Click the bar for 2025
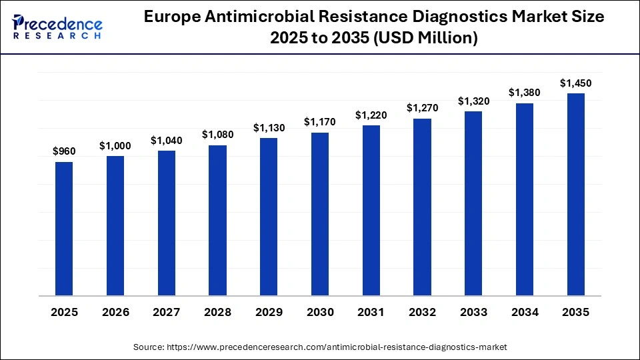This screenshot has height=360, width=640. point(64,229)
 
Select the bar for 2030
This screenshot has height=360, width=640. point(320,214)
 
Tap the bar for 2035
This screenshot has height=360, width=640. point(575,194)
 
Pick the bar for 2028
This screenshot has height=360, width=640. point(217,220)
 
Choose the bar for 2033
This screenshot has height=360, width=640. point(473,203)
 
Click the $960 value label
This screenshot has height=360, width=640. point(64,151)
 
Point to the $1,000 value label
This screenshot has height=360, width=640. point(115,145)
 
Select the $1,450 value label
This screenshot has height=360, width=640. point(575,83)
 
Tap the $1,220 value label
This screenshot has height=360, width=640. point(371,115)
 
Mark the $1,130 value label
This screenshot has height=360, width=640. point(269,127)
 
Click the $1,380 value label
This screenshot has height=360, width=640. point(525,93)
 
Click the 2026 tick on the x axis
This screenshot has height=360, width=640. point(115,312)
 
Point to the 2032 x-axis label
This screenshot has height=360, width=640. point(422,312)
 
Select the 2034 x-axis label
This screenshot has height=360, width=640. point(525,312)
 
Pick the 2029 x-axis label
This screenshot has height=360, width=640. point(269,312)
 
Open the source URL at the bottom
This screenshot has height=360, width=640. point(319,347)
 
